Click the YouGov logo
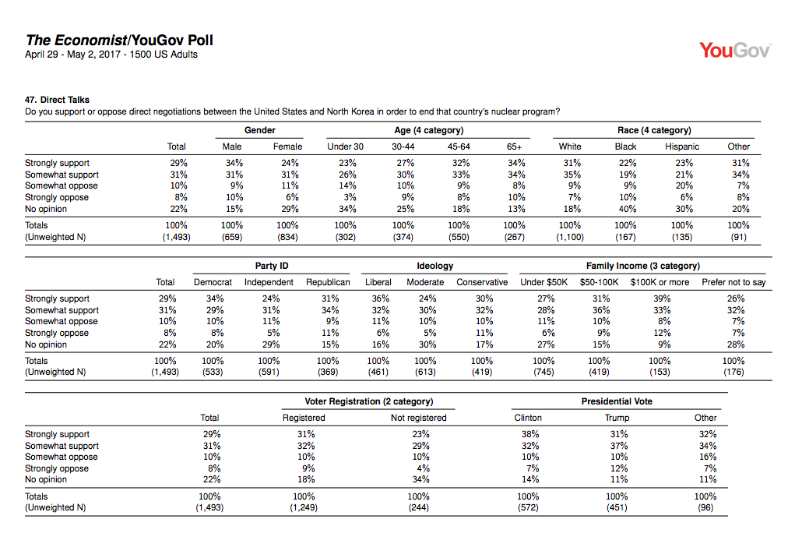pyautogui.click(x=735, y=50)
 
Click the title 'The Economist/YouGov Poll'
pyautogui.click(x=119, y=40)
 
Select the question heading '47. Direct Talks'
pyautogui.click(x=58, y=100)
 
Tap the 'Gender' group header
pyautogui.click(x=259, y=130)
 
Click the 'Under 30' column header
pyautogui.click(x=345, y=147)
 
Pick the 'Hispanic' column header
pyautogui.click(x=682, y=147)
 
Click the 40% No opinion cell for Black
pyautogui.click(x=627, y=209)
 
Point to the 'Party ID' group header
pyautogui.click(x=272, y=266)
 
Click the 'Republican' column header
pyautogui.click(x=328, y=282)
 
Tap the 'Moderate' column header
pyautogui.click(x=425, y=282)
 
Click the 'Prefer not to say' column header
pyautogui.click(x=733, y=282)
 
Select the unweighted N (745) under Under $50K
pyautogui.click(x=543, y=372)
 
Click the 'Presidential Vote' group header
pyautogui.click(x=617, y=401)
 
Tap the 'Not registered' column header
pyautogui.click(x=418, y=418)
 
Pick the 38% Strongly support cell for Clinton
pyautogui.click(x=529, y=434)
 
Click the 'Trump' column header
pyautogui.click(x=617, y=418)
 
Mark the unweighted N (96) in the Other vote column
pyautogui.click(x=705, y=507)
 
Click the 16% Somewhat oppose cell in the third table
pyautogui.click(x=707, y=457)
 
